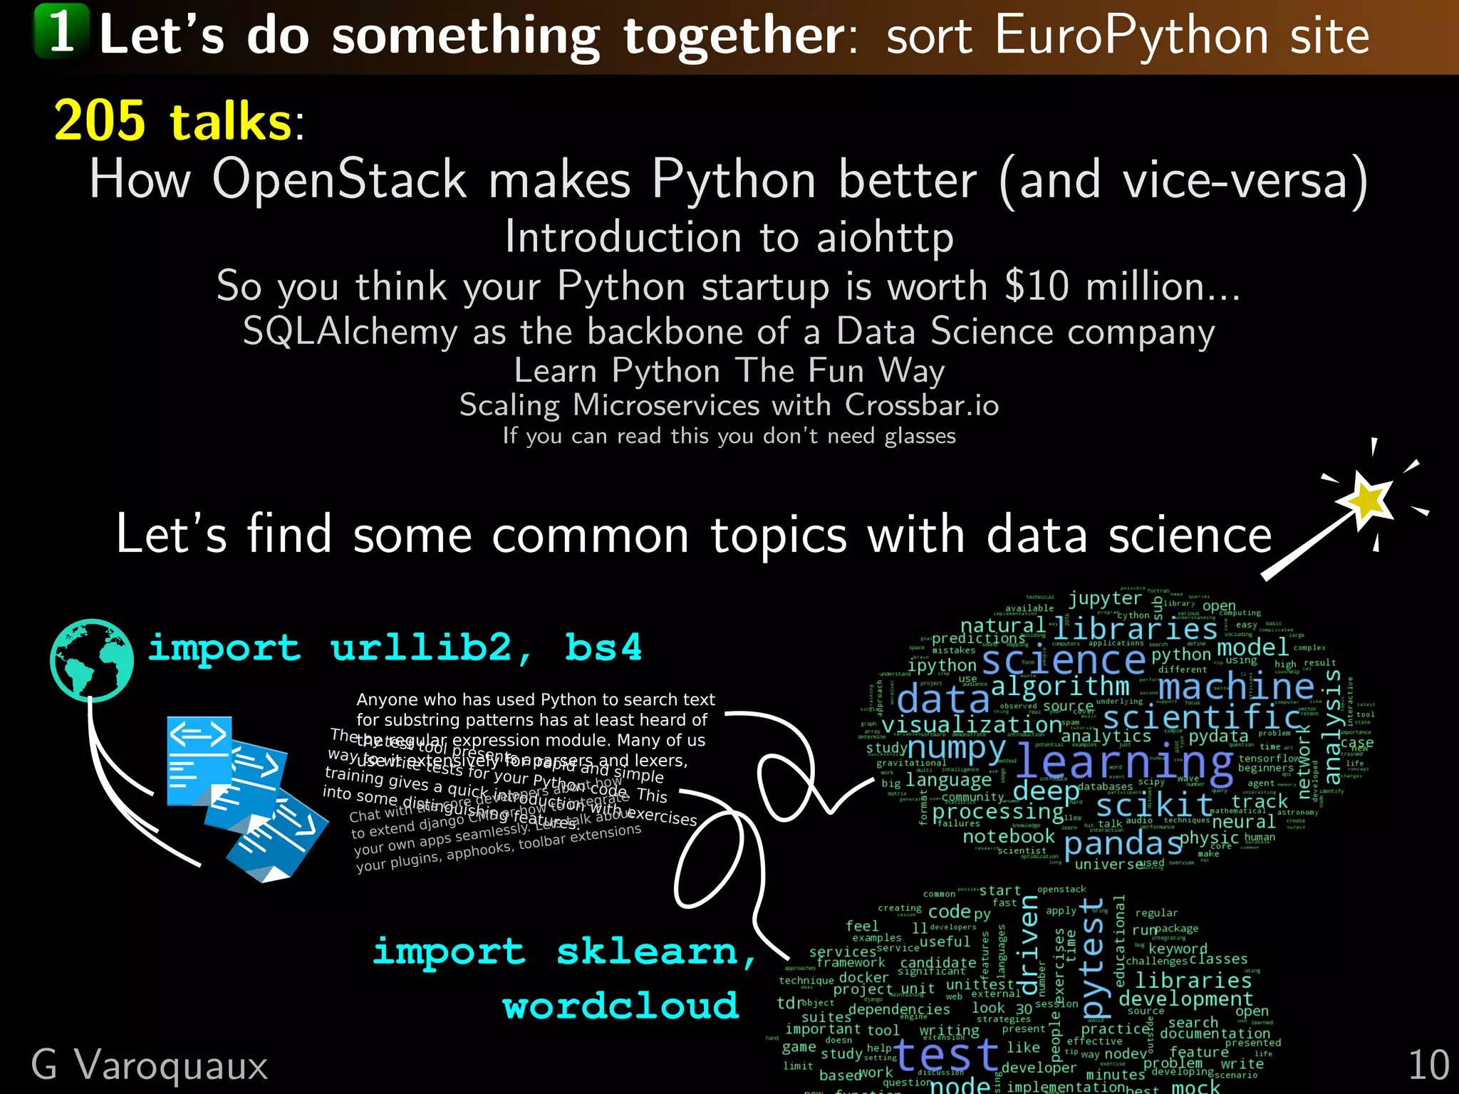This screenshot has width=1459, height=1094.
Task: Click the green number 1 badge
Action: (x=61, y=31)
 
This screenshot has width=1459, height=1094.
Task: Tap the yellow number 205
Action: (x=100, y=121)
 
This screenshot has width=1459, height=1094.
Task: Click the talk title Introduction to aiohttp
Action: (x=729, y=237)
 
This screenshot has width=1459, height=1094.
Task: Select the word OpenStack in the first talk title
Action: (x=339, y=179)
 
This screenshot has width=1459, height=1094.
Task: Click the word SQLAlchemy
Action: (x=350, y=333)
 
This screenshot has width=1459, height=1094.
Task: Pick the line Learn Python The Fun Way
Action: (x=729, y=371)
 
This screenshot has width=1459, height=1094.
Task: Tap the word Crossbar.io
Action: (x=922, y=405)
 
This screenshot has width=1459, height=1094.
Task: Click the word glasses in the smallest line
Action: (x=920, y=436)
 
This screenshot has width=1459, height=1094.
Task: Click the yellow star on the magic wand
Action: (x=1367, y=499)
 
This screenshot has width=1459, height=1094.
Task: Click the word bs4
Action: (x=603, y=648)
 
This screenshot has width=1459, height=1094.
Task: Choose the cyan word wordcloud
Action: (x=620, y=1006)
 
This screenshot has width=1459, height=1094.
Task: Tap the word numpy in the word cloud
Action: (x=956, y=749)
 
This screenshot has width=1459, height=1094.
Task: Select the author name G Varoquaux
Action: (x=150, y=1066)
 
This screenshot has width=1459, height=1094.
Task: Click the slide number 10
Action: (x=1428, y=1066)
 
